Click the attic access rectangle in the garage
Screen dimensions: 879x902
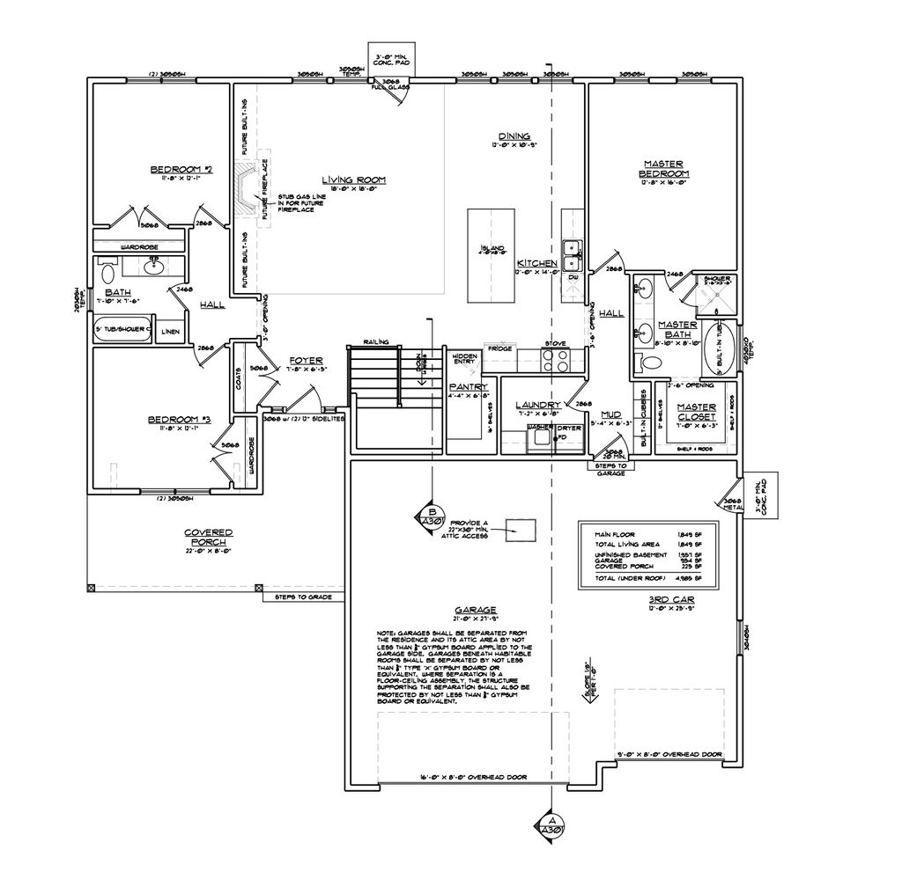(x=522, y=529)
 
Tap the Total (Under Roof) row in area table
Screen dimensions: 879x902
(x=647, y=578)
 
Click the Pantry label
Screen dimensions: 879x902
(x=462, y=386)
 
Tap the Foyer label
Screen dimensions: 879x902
(x=305, y=360)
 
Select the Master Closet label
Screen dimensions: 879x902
(x=696, y=411)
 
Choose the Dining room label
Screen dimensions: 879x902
(x=514, y=136)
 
